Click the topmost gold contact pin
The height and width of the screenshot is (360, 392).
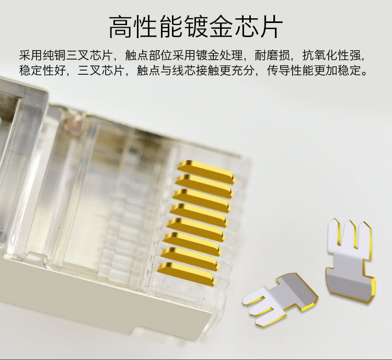[206, 171]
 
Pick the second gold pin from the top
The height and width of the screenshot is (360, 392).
[204, 185]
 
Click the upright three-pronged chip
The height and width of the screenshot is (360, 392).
[350, 260]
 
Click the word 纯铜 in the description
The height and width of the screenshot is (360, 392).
[54, 55]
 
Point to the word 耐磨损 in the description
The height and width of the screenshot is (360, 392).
[272, 55]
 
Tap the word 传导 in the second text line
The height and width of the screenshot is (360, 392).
[278, 71]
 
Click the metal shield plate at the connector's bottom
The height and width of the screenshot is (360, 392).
[105, 295]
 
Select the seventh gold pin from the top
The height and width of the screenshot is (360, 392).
[190, 258]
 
